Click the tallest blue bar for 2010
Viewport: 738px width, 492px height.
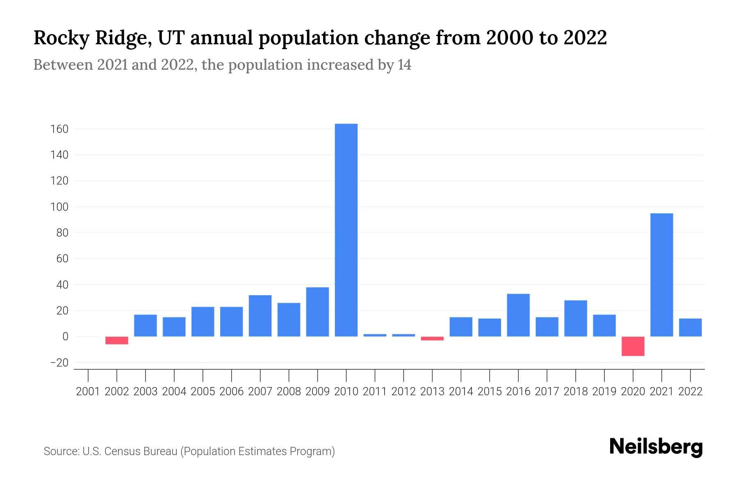346,230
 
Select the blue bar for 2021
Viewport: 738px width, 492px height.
662,275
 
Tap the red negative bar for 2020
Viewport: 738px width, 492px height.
633,346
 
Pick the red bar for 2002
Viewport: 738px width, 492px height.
117,340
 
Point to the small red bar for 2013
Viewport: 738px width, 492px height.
432,339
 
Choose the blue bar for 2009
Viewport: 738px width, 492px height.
317,312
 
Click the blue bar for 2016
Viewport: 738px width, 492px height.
518,315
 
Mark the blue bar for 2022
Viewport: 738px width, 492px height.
690,327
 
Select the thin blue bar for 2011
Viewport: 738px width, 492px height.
375,335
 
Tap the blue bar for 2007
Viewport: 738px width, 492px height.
260,316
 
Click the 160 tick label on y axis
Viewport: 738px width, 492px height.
59,130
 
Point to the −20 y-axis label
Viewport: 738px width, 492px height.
59,363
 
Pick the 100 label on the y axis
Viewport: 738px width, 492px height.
59,207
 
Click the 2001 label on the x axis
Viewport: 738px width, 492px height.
88,392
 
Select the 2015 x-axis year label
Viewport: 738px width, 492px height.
490,392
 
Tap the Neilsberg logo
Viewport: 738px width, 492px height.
656,447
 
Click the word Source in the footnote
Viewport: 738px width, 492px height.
61,451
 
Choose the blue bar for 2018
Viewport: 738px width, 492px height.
576,318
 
